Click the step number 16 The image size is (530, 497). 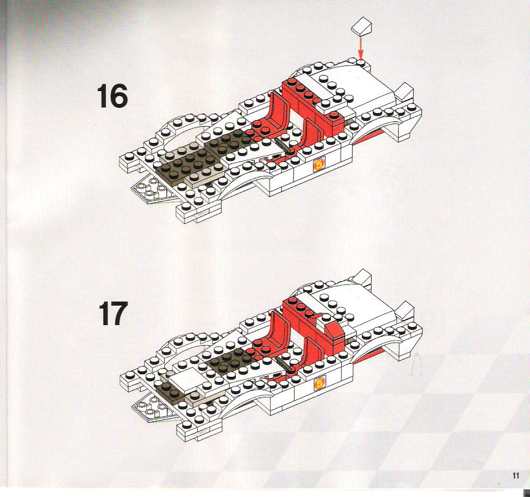pos(112,96)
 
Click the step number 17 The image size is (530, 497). pos(113,313)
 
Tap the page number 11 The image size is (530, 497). pos(516,476)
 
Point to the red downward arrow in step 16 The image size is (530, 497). pos(361,48)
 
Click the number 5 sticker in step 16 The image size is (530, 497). pos(319,165)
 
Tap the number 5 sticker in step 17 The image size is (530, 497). pos(319,384)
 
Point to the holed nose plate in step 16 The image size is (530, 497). pos(151,190)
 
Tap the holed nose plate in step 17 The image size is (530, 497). pos(151,408)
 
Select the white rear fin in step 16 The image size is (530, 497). pos(405,91)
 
